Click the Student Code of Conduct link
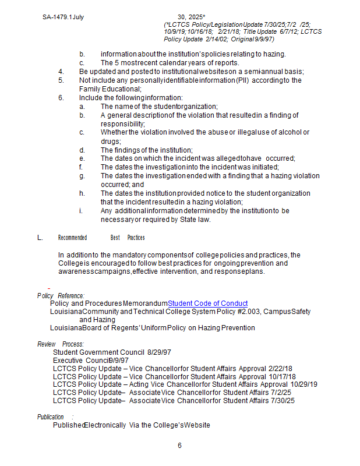coord(207,303)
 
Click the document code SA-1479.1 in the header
coord(57,17)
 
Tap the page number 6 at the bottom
coord(180,446)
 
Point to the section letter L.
coord(40,238)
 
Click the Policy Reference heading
coord(61,296)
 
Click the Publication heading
coord(51,417)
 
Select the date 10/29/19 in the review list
coord(303,384)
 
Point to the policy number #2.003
coord(245,312)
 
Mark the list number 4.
coord(61,72)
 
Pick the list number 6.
coord(61,98)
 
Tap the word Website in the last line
coord(196,425)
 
